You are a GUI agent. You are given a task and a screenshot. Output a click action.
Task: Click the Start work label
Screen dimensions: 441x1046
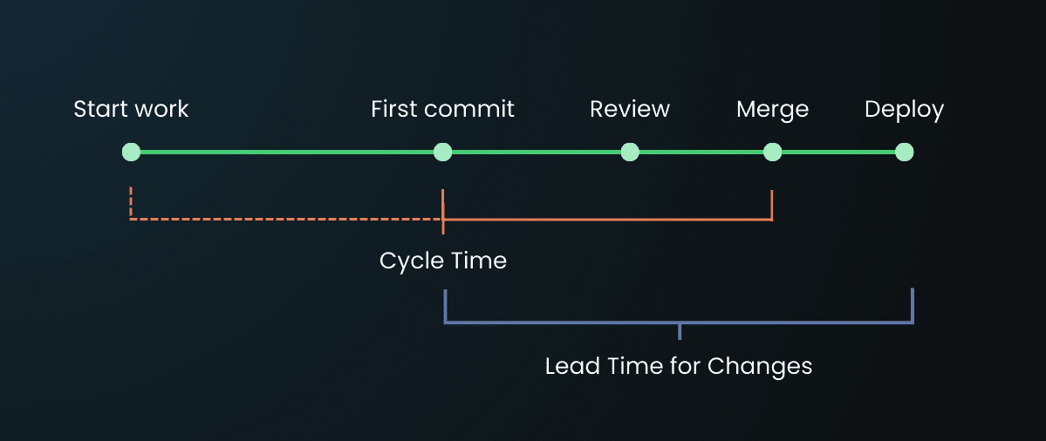[x=131, y=110]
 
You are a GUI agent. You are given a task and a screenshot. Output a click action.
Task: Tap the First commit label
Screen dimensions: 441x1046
[x=442, y=110]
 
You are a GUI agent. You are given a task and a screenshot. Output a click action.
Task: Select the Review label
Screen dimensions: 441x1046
[x=630, y=110]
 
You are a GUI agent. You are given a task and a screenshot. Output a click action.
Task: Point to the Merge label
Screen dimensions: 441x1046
[x=772, y=110]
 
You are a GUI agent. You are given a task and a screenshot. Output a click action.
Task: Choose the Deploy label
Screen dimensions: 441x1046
[x=904, y=110]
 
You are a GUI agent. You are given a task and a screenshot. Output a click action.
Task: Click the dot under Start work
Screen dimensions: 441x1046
[x=131, y=153]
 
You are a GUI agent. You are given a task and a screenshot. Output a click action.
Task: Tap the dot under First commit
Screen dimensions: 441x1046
[x=442, y=153]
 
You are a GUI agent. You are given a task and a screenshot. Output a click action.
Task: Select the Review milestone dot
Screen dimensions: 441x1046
[x=630, y=153]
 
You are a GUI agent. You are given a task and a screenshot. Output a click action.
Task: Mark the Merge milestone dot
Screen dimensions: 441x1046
[x=772, y=153]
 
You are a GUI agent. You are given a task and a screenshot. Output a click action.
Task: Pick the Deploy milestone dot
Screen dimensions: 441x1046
[x=904, y=153]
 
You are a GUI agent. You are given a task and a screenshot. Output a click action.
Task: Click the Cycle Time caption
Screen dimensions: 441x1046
[x=442, y=261]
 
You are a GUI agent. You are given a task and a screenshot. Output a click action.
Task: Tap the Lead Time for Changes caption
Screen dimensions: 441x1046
[x=678, y=366]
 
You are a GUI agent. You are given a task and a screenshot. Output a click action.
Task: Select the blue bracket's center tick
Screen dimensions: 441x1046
[x=679, y=330]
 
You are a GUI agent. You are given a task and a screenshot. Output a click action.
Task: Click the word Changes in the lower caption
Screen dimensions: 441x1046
[x=759, y=366]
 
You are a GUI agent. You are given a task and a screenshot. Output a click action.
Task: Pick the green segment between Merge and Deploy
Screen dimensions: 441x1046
[x=837, y=153]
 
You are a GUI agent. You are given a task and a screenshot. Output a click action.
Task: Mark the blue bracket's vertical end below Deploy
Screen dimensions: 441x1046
[x=912, y=305]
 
